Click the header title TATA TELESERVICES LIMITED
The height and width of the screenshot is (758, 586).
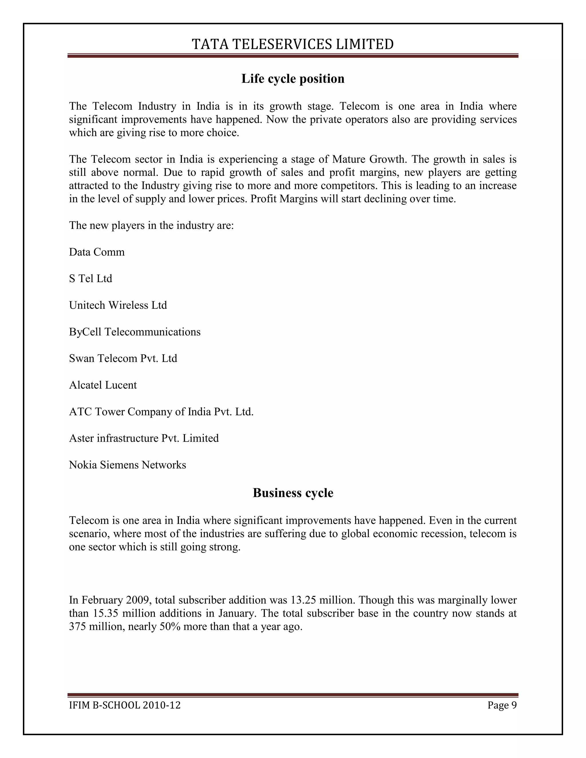[293, 44]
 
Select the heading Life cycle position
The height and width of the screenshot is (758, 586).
[293, 79]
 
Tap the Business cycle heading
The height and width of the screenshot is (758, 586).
[293, 493]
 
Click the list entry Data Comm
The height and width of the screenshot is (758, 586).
[96, 252]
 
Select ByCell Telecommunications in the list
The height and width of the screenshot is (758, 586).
[135, 332]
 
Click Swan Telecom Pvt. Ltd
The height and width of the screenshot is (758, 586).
[123, 358]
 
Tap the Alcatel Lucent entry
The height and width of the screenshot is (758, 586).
[103, 385]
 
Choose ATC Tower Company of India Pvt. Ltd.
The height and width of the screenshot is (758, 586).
[161, 412]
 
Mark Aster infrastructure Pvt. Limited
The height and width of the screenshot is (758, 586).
[144, 438]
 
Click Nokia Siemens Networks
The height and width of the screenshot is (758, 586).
[127, 465]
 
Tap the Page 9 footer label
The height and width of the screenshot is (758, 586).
[502, 705]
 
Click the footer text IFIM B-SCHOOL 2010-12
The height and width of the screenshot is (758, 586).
[125, 705]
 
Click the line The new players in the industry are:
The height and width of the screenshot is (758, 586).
[151, 226]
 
